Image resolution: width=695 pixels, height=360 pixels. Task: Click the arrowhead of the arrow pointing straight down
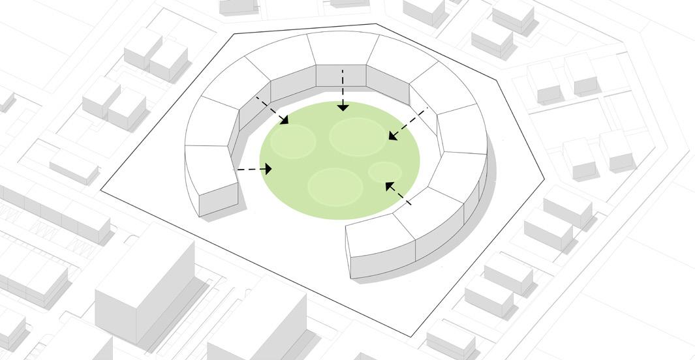(x=343, y=106)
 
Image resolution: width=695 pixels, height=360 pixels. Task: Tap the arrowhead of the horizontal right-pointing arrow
(x=267, y=169)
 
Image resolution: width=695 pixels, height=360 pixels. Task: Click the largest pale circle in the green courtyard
(x=357, y=136)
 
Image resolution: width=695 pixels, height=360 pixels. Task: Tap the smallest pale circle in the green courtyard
(x=384, y=172)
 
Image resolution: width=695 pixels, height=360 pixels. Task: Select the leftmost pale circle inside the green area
(x=293, y=142)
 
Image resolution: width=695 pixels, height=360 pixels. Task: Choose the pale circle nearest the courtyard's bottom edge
(x=335, y=186)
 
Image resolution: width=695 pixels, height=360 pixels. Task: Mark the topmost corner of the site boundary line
(x=376, y=24)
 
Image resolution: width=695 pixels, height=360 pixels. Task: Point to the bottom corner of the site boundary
(x=411, y=337)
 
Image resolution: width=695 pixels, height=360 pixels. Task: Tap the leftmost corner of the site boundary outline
(x=100, y=190)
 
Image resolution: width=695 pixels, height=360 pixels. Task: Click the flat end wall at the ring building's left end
(x=218, y=200)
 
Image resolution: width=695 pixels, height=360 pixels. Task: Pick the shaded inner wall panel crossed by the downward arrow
(x=341, y=76)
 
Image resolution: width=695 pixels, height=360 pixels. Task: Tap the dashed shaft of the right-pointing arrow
(x=249, y=170)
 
